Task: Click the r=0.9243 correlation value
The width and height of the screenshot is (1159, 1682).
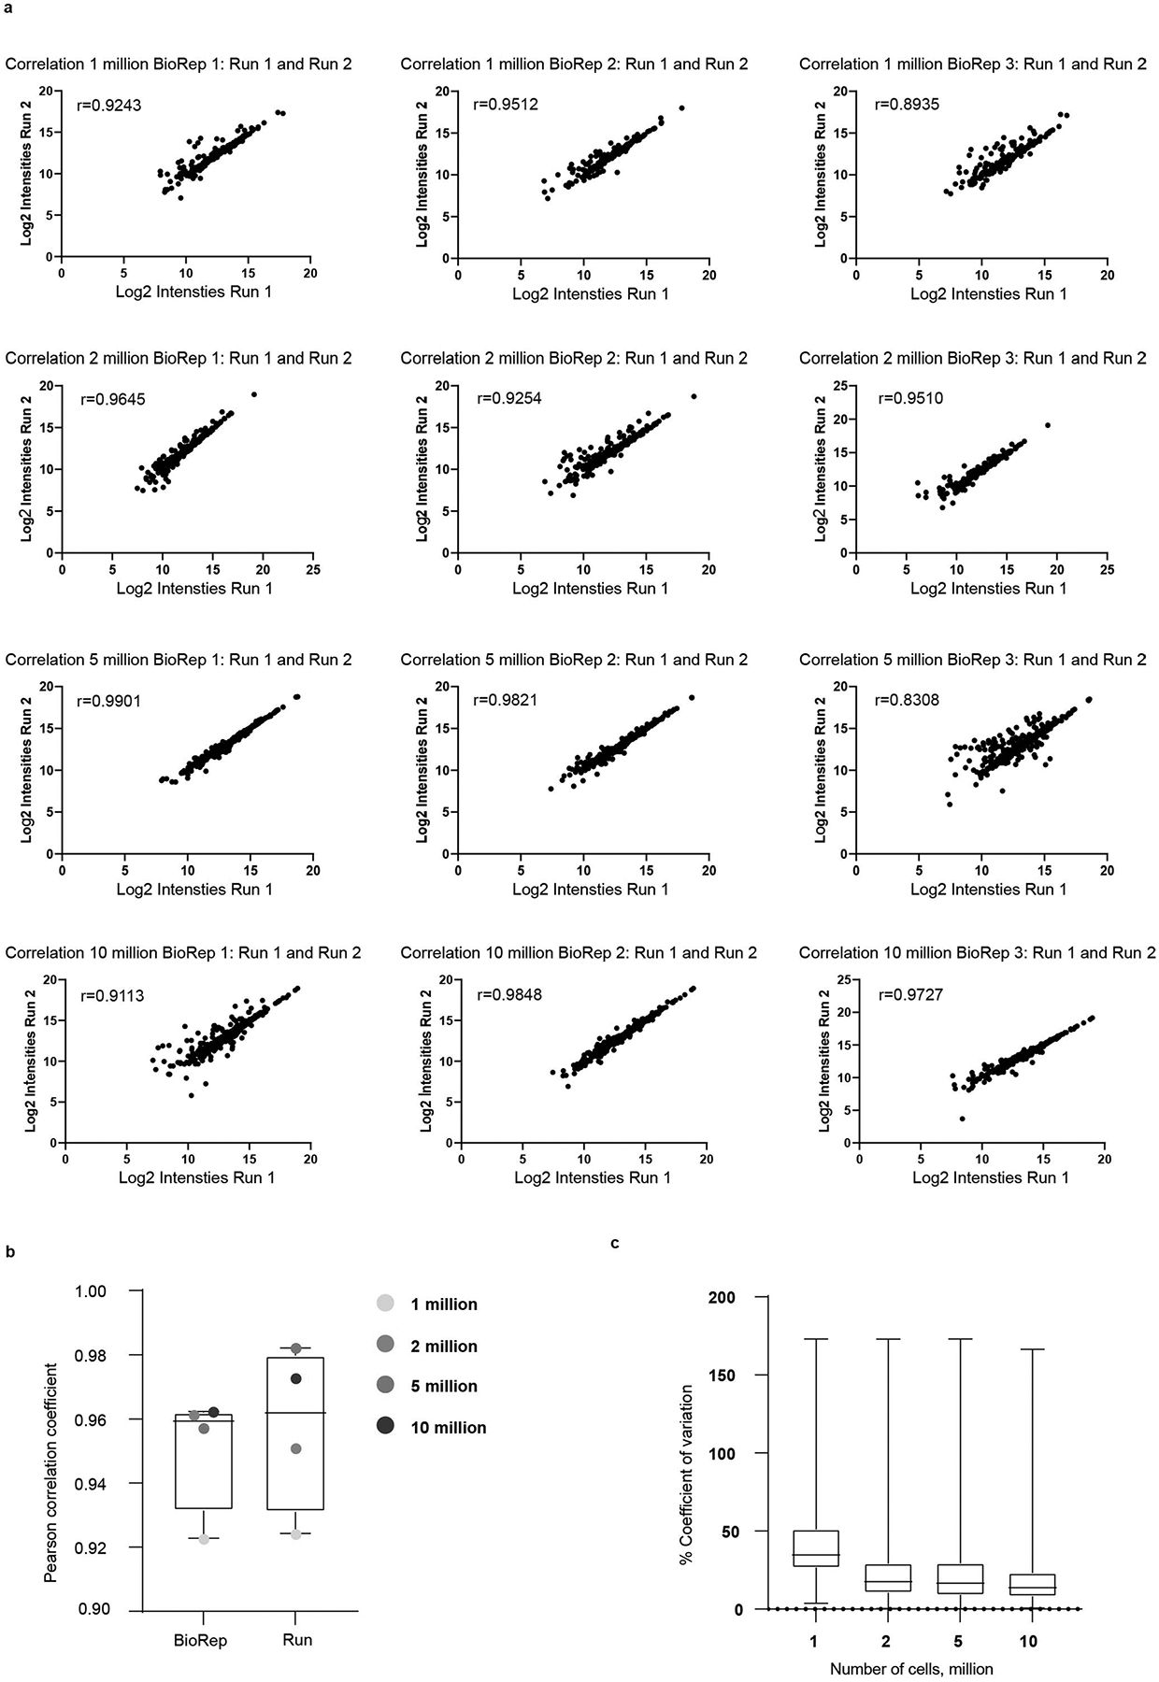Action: [109, 106]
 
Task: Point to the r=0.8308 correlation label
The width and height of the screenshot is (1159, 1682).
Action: [907, 700]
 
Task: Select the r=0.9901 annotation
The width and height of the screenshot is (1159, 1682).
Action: [109, 700]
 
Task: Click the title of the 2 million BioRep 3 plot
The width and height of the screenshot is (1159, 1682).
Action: [972, 358]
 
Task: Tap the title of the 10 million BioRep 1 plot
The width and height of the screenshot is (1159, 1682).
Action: [183, 953]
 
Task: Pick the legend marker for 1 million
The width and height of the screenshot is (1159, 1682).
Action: [384, 1304]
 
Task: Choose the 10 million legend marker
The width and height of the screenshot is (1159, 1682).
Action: [384, 1427]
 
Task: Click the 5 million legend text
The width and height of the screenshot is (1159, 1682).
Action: [444, 1387]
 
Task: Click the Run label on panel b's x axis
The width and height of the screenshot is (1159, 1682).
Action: [297, 1640]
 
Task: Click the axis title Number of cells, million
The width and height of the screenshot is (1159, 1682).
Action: [911, 1668]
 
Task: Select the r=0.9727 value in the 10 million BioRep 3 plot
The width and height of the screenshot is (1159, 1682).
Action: [910, 994]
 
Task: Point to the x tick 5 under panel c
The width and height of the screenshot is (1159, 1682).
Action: [958, 1641]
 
